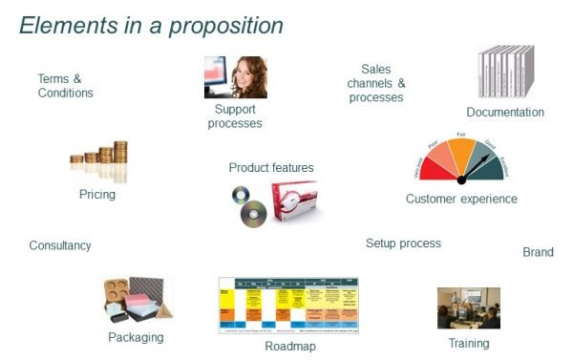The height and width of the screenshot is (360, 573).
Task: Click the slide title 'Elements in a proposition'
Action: pyautogui.click(x=151, y=26)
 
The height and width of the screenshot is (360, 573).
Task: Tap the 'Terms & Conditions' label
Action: pyautogui.click(x=65, y=86)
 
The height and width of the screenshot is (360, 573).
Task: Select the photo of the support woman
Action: pyautogui.click(x=235, y=77)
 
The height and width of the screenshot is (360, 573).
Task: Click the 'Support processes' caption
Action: pyautogui.click(x=234, y=116)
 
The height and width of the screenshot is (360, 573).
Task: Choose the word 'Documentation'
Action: pyautogui.click(x=505, y=113)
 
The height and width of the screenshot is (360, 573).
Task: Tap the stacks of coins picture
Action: pyautogui.click(x=98, y=163)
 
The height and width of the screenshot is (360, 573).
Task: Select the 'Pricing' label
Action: pyautogui.click(x=97, y=195)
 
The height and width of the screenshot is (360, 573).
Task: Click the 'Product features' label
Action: pyautogui.click(x=271, y=168)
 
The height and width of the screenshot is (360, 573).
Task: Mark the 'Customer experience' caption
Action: pyautogui.click(x=461, y=199)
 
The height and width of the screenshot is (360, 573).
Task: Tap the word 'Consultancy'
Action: pyautogui.click(x=60, y=245)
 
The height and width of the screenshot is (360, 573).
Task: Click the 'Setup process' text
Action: pyautogui.click(x=403, y=244)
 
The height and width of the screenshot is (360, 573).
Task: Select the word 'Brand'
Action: pyautogui.click(x=538, y=252)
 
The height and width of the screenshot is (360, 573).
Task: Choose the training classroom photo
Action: pyautogui.click(x=468, y=308)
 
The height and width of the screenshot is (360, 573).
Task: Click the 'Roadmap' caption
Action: pyautogui.click(x=290, y=347)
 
